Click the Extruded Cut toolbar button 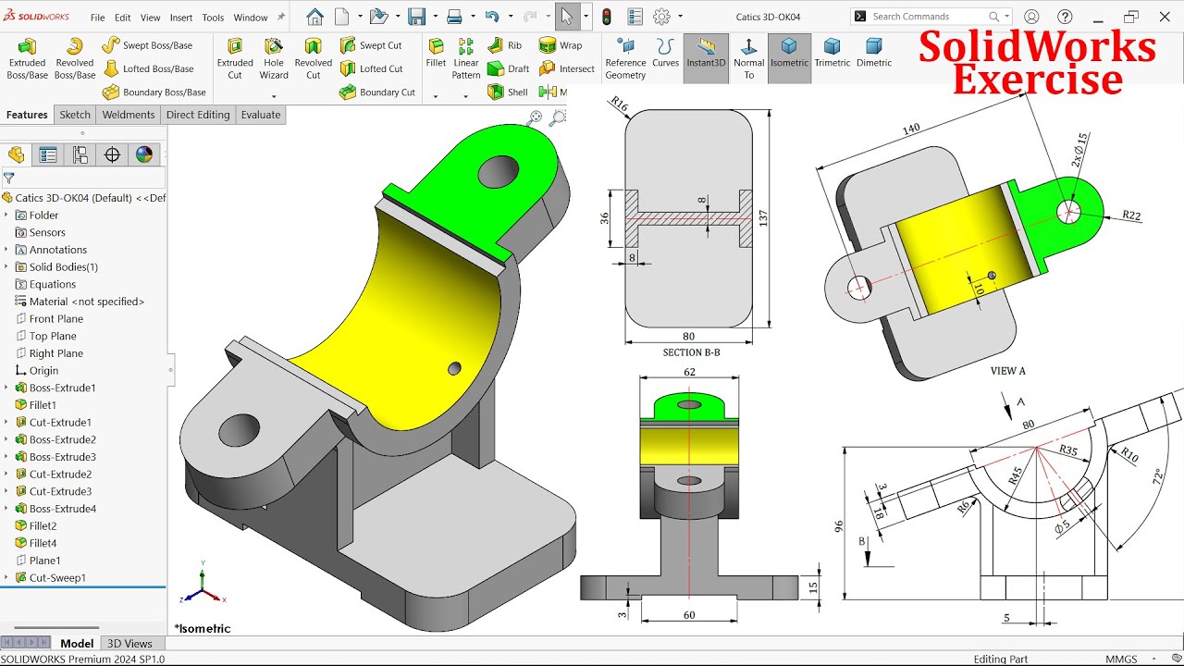pos(235,57)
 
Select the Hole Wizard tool pos(274,57)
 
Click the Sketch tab pos(75,115)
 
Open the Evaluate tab pos(261,115)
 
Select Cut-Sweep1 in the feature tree pos(57,577)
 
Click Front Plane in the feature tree pos(55,319)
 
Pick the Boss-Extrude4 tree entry pos(62,509)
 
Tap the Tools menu pos(213,18)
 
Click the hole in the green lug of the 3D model pos(498,171)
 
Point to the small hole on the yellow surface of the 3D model pos(454,368)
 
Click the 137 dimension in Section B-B pos(762,217)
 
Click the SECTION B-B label pos(691,352)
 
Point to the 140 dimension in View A pos(911,129)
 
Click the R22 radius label pos(1131,216)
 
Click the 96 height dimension pos(839,525)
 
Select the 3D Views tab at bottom pos(129,644)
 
